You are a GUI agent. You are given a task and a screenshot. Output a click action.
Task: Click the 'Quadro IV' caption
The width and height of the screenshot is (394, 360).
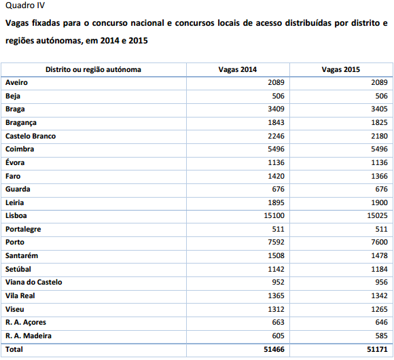coord(25,5)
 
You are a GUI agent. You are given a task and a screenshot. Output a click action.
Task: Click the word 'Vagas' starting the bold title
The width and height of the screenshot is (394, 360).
coord(16,23)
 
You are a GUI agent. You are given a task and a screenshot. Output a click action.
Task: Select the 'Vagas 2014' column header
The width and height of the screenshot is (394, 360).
coord(238,69)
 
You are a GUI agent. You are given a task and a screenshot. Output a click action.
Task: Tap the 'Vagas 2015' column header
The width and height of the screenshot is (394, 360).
coord(341,69)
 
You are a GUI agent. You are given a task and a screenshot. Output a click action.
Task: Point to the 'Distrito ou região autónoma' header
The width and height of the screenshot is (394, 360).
coord(93,69)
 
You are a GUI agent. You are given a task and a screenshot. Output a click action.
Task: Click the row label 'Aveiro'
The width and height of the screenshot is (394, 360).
coord(16,82)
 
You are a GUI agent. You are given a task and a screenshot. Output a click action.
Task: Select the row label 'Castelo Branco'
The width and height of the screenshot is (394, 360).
coord(31,136)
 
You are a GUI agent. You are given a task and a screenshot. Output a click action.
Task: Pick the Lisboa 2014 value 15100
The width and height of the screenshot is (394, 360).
coord(274,215)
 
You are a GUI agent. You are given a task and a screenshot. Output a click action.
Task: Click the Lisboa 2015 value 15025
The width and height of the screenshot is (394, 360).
coord(377,215)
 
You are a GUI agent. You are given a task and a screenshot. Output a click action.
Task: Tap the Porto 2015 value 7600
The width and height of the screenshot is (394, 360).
coord(380,242)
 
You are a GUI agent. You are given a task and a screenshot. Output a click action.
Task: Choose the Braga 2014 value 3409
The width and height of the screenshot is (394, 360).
coord(276,109)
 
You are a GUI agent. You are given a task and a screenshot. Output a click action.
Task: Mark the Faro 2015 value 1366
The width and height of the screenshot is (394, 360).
coord(380,176)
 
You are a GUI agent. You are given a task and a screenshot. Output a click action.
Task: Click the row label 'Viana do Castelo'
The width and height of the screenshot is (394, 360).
coord(34,282)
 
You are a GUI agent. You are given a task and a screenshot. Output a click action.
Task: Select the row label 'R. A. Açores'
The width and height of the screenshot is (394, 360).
coord(26,323)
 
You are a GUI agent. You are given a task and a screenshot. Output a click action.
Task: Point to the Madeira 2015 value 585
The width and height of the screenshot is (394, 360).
coord(382,336)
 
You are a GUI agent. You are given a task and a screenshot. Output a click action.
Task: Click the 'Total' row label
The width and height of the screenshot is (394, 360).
coord(14,349)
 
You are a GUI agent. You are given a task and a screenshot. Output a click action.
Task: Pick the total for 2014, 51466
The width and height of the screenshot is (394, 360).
coord(274,349)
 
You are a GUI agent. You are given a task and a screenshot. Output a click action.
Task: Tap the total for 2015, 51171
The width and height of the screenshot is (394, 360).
coord(377,349)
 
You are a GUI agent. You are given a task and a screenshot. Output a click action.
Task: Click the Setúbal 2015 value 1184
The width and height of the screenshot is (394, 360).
coord(380,269)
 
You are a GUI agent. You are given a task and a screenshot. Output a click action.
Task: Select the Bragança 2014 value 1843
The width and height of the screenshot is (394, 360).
coord(276,122)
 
